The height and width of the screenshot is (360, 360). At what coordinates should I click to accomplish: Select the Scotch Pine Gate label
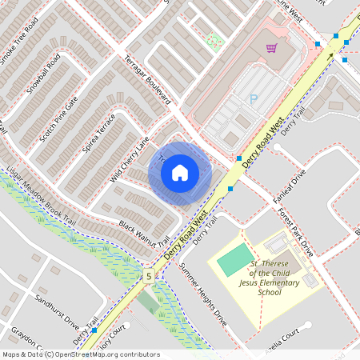pos(60,114)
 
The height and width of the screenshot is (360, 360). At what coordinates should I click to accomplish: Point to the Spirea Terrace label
pos(99,133)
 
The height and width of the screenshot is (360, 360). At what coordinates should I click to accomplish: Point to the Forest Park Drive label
pos(298,232)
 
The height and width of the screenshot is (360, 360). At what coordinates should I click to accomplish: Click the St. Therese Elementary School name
pos(264,278)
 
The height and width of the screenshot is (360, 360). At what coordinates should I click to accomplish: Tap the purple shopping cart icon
pos(271,48)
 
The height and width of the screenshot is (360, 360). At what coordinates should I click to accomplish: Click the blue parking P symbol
pos(254,98)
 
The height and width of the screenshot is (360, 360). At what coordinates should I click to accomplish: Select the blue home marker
pos(180,172)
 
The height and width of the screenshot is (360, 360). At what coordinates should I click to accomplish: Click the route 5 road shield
pos(148,277)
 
